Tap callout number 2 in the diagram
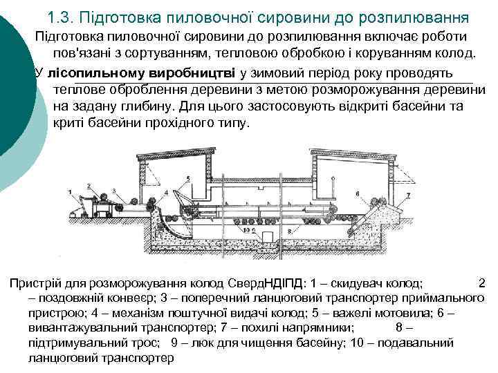pos(91,185)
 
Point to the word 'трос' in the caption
pos(147,343)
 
